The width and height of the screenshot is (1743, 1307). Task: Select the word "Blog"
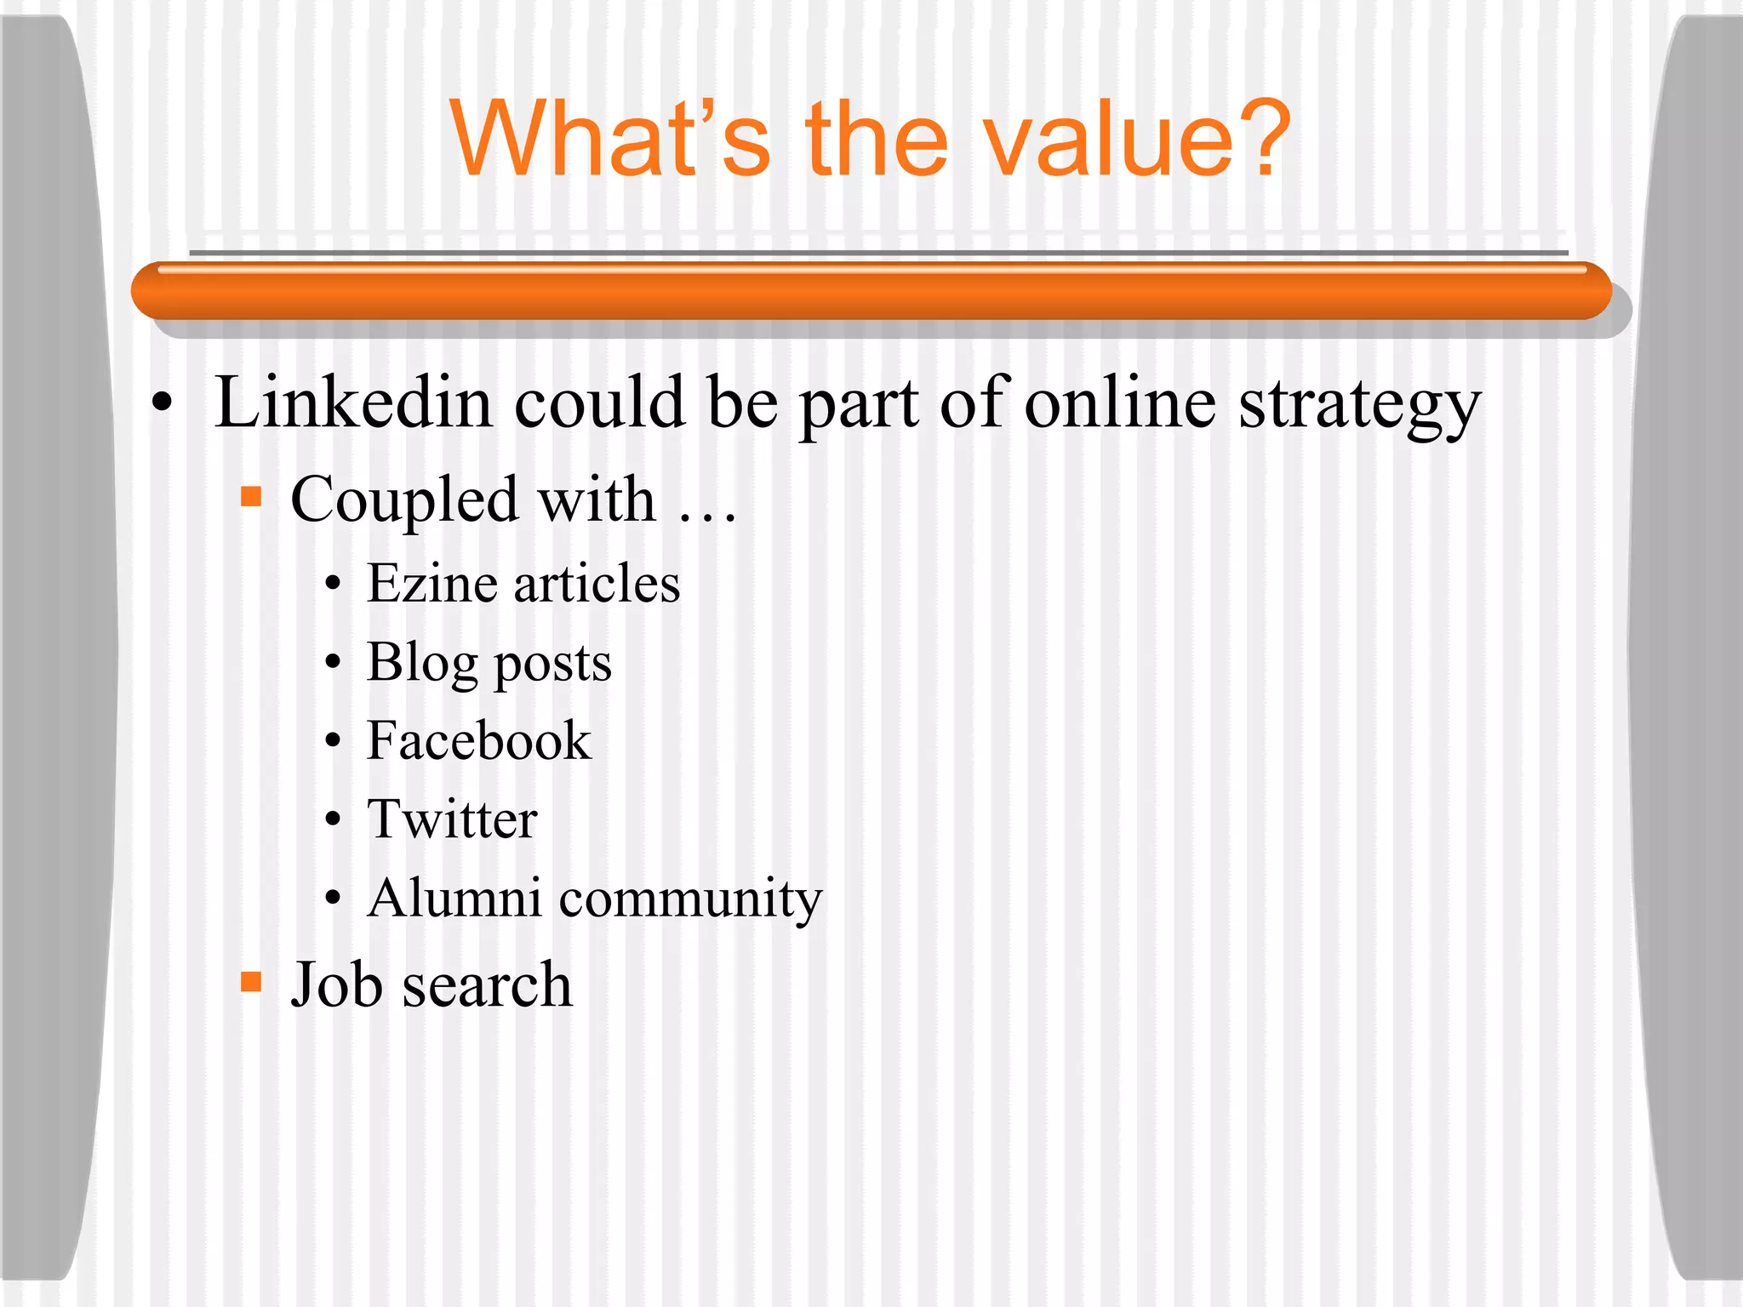[x=422, y=664]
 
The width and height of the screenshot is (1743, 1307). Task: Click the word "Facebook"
[x=478, y=740]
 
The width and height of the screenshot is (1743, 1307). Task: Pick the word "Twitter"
[x=452, y=819]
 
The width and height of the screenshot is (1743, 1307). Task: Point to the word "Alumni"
[x=454, y=898]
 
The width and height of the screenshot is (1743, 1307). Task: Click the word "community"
[x=690, y=900]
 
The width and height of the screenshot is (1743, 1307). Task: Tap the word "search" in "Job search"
[x=487, y=985]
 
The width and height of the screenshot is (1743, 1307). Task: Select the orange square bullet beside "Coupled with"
[x=251, y=496]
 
